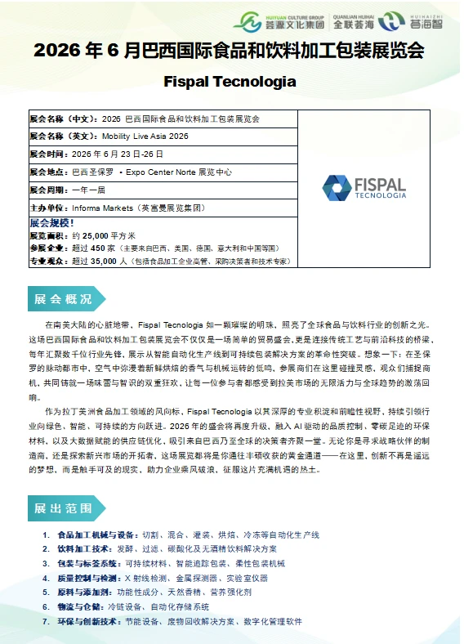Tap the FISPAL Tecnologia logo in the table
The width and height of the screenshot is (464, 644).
[x=364, y=187]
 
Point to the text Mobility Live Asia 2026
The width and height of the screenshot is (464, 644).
[x=145, y=136]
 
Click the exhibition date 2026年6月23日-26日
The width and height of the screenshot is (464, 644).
[x=118, y=154]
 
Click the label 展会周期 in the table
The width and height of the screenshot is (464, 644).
[x=48, y=190]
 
